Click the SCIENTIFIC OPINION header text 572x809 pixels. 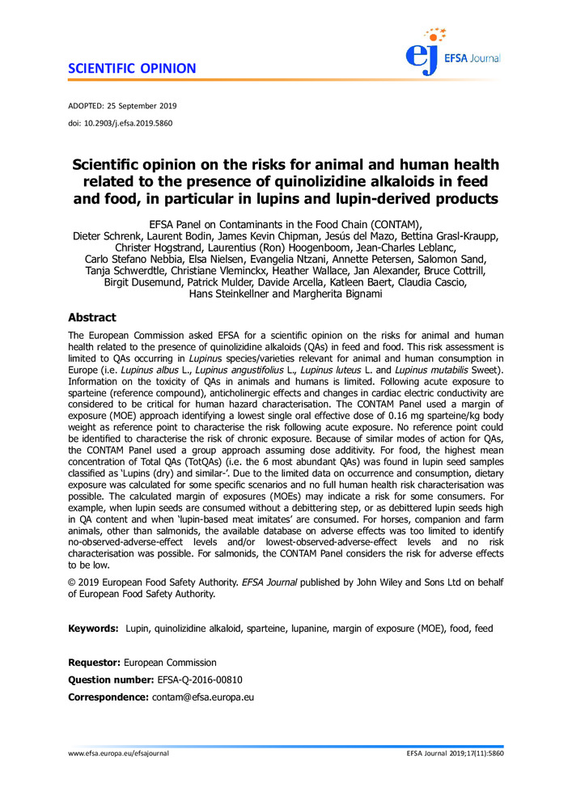click(x=132, y=68)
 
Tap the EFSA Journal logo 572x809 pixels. click(x=453, y=50)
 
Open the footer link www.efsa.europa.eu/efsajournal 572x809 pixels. click(x=118, y=753)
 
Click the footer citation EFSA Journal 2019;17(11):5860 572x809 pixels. click(x=455, y=753)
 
